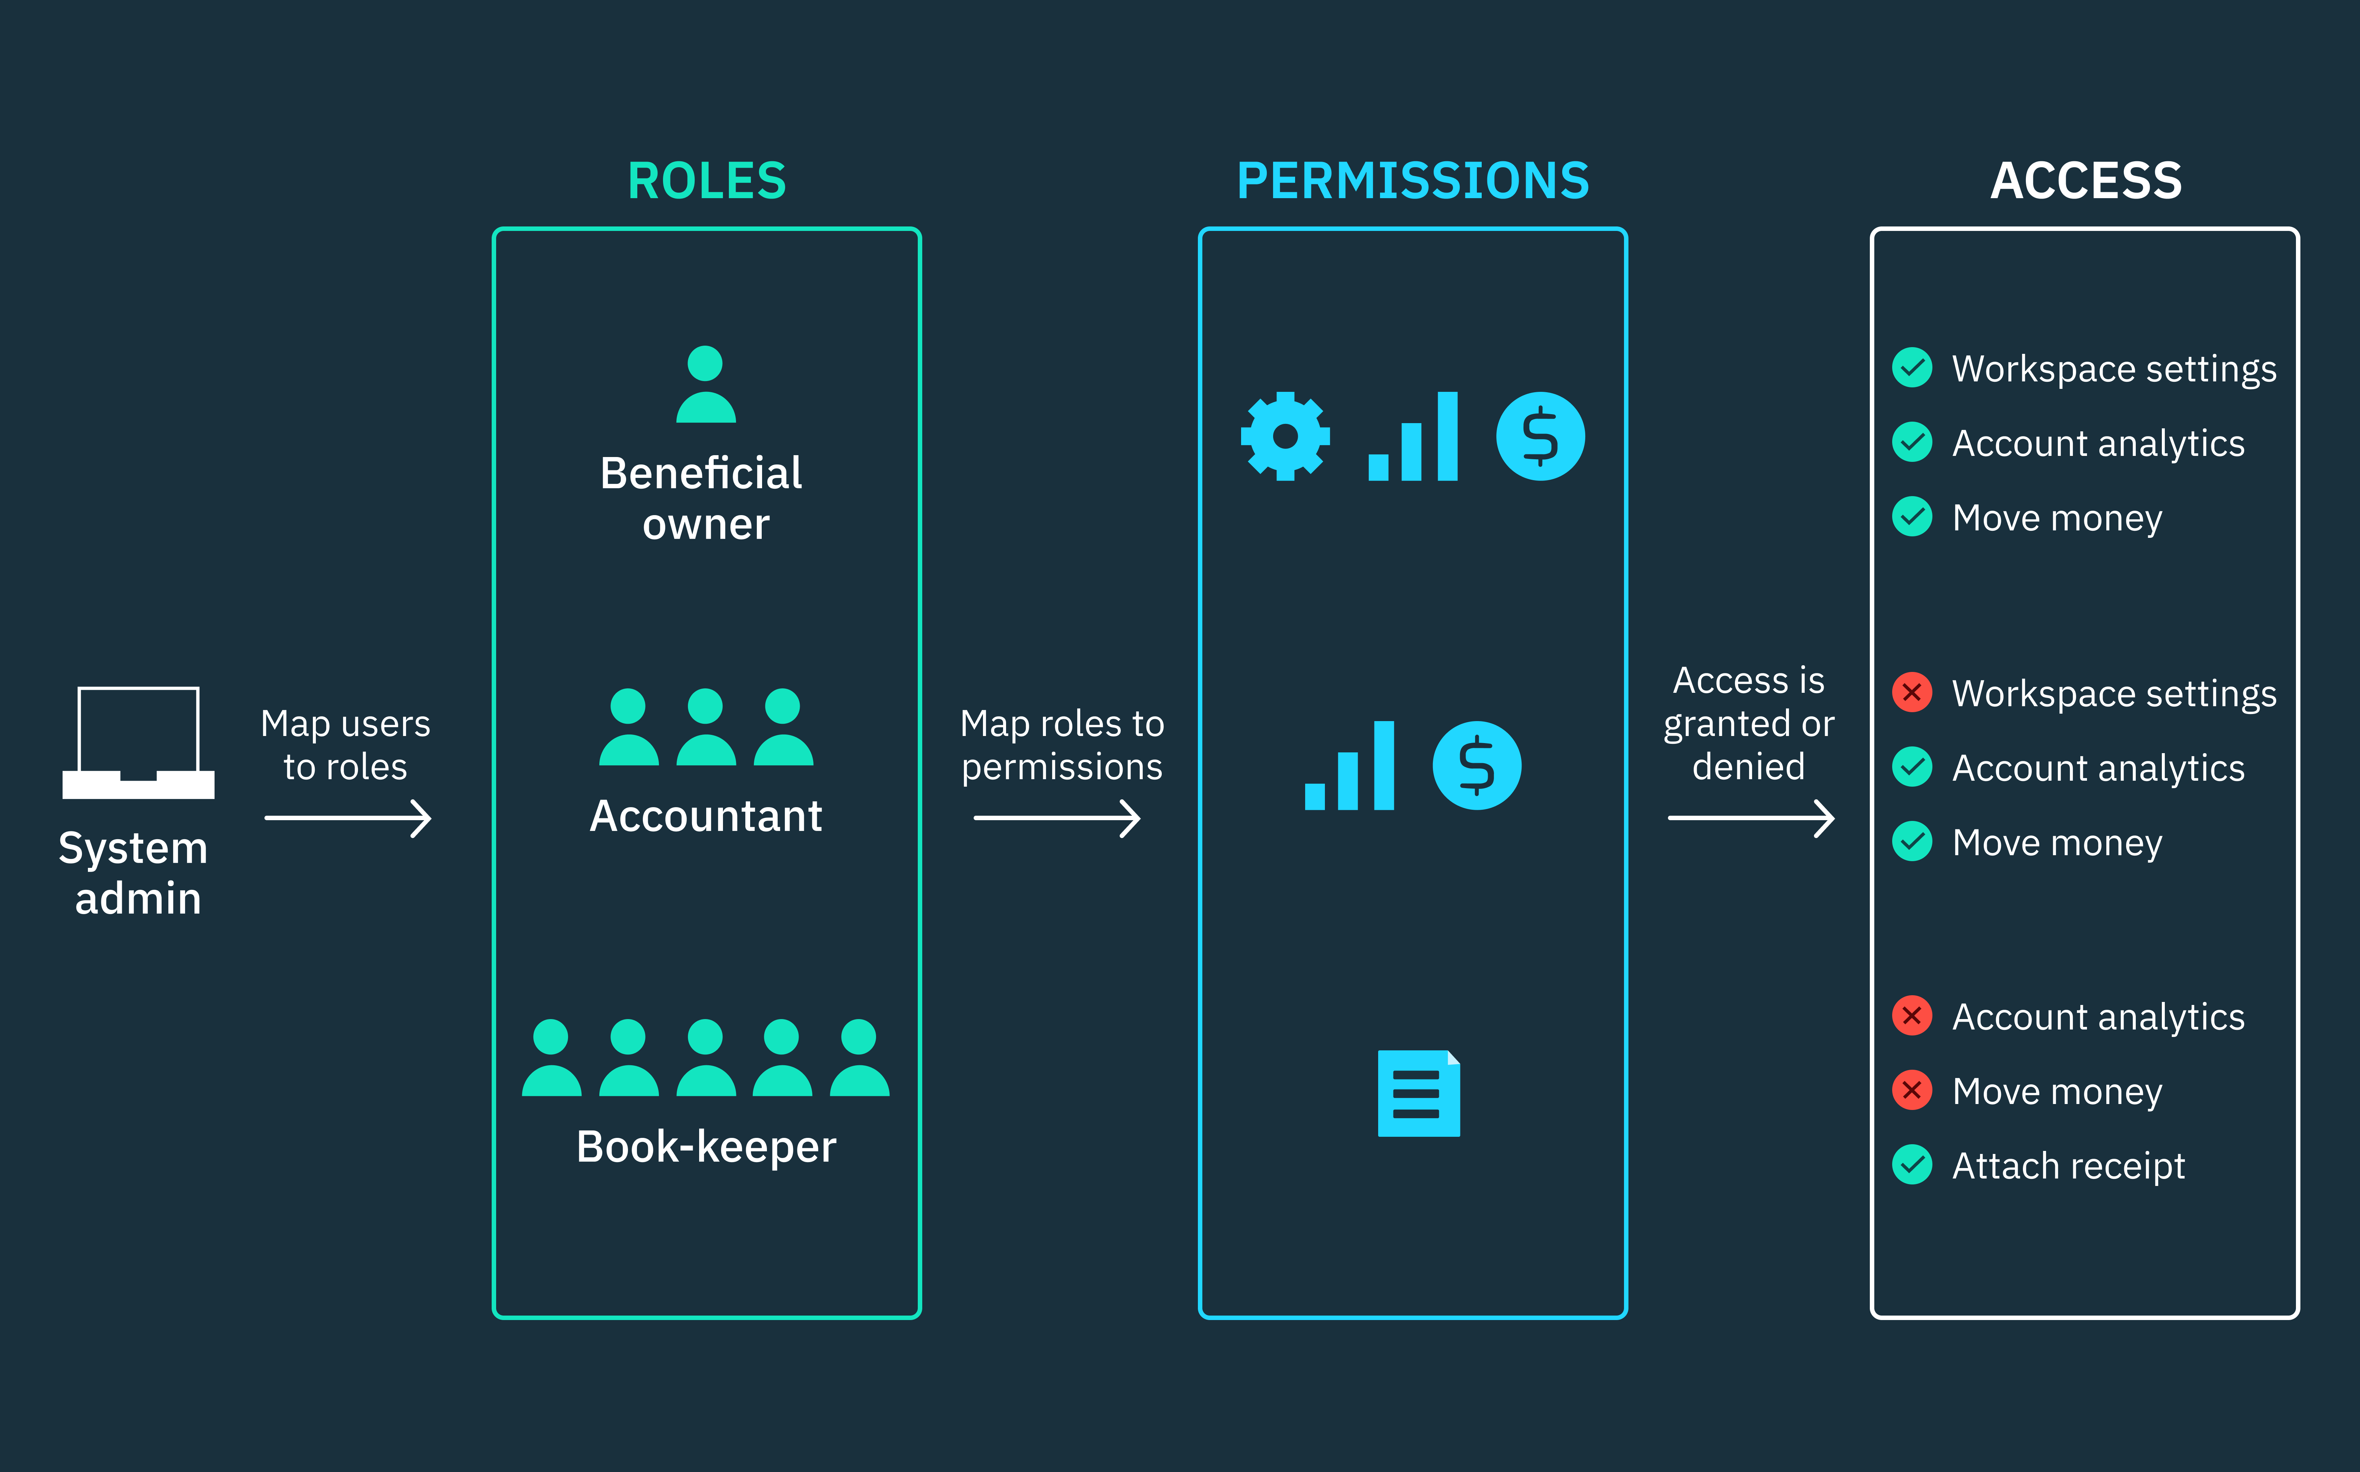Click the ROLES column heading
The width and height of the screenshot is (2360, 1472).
[707, 181]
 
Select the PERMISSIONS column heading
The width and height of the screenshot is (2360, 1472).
[1413, 181]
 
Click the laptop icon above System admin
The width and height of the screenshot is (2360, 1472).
[138, 742]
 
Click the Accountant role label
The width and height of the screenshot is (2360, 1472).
[706, 816]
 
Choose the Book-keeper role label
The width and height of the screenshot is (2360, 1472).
[706, 1147]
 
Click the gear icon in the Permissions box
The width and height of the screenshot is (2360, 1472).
[1285, 436]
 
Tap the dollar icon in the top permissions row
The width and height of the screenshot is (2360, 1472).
[1540, 436]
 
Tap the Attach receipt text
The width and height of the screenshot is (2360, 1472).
[2068, 1165]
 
